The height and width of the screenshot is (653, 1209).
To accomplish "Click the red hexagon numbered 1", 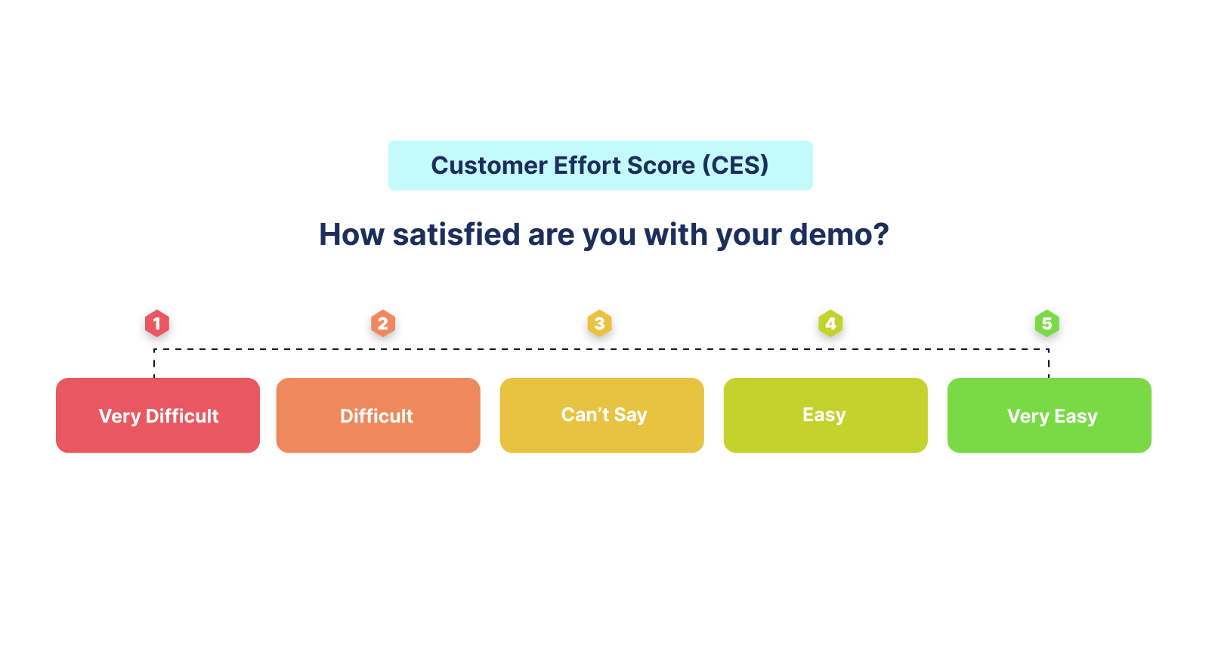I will [x=157, y=323].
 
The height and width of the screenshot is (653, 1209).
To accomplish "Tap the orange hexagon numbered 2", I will [x=383, y=323].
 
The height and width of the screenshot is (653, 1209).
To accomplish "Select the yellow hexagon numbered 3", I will [x=599, y=323].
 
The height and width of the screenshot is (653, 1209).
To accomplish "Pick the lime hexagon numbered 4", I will [x=830, y=323].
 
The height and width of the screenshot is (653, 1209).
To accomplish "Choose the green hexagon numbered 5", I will [x=1047, y=323].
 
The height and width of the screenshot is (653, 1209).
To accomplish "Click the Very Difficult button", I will [x=158, y=416].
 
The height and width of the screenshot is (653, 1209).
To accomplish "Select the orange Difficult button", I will [x=378, y=416].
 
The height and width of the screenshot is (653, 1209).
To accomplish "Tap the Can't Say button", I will [x=602, y=416].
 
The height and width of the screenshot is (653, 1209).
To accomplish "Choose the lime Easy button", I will [x=825, y=416].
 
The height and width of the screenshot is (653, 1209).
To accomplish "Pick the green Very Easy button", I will [x=1049, y=416].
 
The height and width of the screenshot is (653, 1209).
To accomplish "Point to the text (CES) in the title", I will [x=735, y=166].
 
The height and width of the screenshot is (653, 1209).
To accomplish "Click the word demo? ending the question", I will [x=839, y=234].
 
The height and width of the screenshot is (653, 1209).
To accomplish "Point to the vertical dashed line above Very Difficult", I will [x=154, y=364].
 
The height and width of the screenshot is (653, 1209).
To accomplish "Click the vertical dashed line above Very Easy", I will [x=1049, y=364].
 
